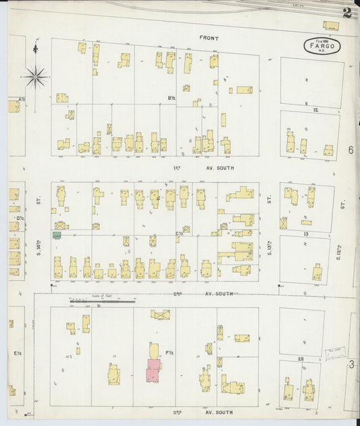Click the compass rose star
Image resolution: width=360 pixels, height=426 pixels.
pos(35,76)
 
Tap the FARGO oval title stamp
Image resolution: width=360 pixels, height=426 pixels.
pos(322,46)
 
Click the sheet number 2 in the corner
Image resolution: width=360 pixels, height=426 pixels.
pos(346,12)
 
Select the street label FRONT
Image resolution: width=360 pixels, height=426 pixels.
pos(209,38)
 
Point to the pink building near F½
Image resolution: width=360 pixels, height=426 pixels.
pos(154,370)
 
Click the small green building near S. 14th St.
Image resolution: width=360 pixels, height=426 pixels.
pos(57,235)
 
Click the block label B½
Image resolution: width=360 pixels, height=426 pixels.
pos(172,99)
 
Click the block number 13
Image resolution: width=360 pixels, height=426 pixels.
pos(307,234)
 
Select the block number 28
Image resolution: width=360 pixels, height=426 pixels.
pos(301,358)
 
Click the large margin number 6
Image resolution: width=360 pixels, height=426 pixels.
pos(351,150)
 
